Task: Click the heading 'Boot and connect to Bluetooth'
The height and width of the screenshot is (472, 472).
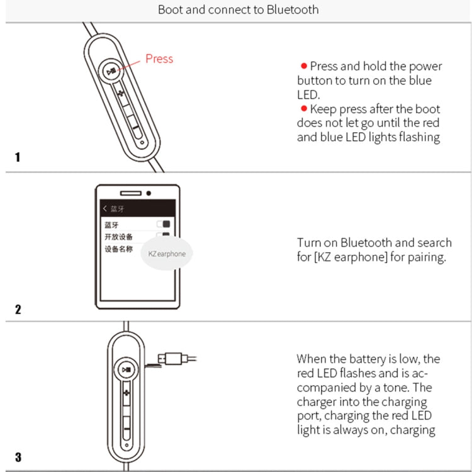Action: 238,9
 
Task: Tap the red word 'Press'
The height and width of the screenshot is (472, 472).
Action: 159,59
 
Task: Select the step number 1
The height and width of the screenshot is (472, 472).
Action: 18,157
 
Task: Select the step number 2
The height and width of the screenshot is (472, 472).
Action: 18,309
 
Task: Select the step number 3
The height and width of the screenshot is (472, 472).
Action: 18,457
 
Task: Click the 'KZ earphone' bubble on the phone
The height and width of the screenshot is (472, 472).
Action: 167,254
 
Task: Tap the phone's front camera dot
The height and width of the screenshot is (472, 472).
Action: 149,193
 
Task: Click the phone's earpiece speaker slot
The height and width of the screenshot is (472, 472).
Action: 130,193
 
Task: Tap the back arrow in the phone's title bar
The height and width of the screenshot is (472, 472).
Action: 104,208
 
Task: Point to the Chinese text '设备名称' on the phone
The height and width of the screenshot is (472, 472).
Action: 119,249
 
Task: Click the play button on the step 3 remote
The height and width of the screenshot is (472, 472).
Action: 127,370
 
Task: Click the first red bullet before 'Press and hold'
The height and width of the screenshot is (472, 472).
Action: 303,66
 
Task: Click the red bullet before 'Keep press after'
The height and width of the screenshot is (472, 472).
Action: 303,109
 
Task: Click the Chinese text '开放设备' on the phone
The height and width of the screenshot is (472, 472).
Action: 119,237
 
